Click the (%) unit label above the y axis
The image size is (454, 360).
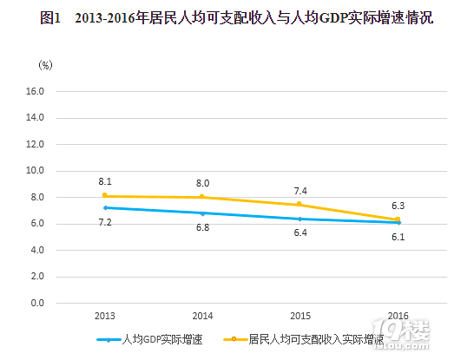coord(45,64)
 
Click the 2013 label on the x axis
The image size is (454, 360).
coord(104,316)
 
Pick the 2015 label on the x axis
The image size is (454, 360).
coord(299,316)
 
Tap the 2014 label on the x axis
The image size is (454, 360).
coord(202,316)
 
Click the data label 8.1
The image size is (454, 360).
coord(104,182)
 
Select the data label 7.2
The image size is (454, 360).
coord(104,222)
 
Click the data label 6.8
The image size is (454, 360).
coord(202,227)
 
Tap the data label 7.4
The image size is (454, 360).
coord(299,191)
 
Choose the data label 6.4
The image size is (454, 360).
coord(299,233)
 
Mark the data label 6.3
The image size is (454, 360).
coord(398,206)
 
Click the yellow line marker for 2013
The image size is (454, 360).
coord(104,196)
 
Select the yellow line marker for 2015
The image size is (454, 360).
coord(299,205)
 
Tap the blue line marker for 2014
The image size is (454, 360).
coord(202,213)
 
